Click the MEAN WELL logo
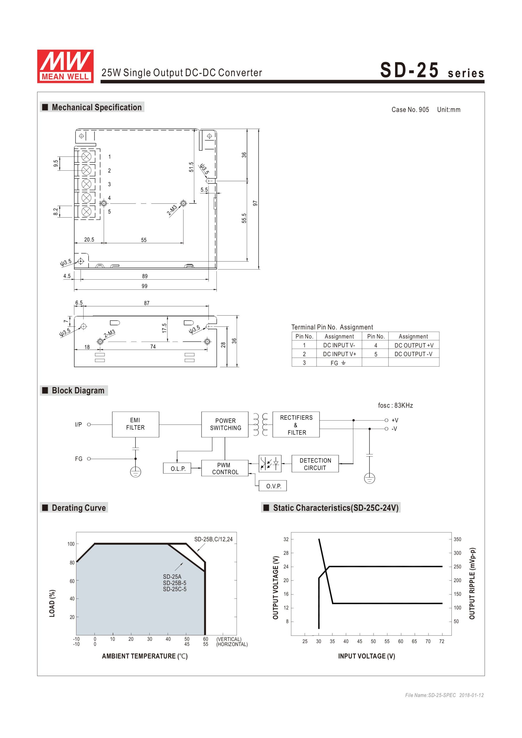coord(65,66)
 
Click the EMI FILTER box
coord(135,424)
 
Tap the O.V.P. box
coord(274,486)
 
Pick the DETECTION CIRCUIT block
coord(315,464)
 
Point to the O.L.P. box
coord(178,468)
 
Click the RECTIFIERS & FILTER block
coord(296,425)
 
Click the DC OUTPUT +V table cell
coord(414,345)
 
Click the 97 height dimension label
coord(255,203)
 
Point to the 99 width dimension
coord(145,286)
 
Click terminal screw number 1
coord(86,157)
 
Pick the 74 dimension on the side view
coord(153,347)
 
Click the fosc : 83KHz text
coord(395,405)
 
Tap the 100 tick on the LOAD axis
coord(71,544)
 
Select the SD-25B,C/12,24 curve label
coord(213,539)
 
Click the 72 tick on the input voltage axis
coord(442,641)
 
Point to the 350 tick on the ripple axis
coord(457,539)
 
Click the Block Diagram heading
coord(78,390)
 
